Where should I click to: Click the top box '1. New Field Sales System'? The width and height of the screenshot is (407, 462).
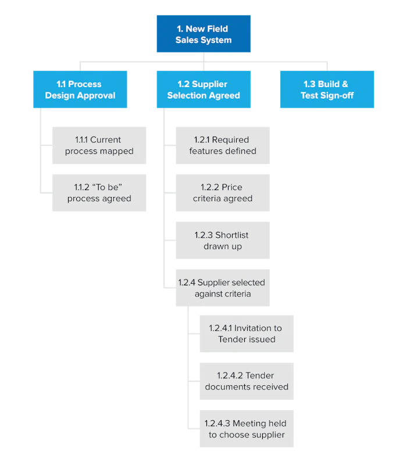click(x=202, y=34)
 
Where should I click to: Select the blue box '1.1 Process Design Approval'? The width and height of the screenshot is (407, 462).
click(x=81, y=90)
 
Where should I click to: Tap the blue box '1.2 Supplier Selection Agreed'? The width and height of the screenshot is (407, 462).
click(x=202, y=90)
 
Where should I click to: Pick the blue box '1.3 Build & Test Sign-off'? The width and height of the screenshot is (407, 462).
click(x=327, y=90)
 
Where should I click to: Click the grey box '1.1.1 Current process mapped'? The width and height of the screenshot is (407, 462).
click(x=99, y=146)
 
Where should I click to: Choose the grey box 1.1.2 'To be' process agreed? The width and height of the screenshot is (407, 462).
click(x=99, y=193)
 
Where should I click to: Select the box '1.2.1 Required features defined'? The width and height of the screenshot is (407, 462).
click(x=223, y=146)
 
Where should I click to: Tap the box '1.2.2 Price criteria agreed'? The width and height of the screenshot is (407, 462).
click(x=223, y=193)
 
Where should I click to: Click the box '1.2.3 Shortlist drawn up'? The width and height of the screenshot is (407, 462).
click(x=223, y=241)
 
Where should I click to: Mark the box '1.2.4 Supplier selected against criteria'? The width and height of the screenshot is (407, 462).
click(x=223, y=288)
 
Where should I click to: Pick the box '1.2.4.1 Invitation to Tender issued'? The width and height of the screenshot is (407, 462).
click(x=246, y=334)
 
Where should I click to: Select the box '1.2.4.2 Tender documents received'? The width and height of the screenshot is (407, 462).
click(x=246, y=381)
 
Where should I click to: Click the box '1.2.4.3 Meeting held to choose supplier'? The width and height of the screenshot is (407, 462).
click(x=246, y=429)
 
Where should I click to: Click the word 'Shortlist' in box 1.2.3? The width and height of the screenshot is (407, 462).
click(x=232, y=235)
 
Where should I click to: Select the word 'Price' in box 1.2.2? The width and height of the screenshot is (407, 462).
click(x=232, y=188)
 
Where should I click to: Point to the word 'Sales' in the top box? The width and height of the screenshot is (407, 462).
click(x=187, y=40)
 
